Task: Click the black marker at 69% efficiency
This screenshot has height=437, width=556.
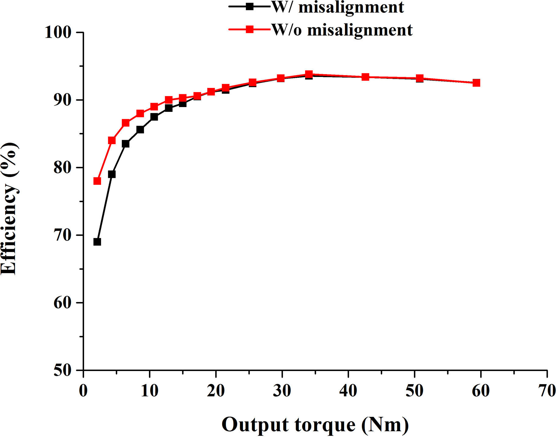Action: (97, 242)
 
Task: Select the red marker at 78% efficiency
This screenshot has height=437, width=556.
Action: (97, 181)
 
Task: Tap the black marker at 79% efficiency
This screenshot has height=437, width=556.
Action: (112, 174)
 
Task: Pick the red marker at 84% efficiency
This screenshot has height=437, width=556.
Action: (112, 140)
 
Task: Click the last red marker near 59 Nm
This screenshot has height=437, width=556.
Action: (477, 83)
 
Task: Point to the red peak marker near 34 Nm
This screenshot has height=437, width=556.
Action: (309, 74)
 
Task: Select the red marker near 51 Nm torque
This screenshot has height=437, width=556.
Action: (420, 78)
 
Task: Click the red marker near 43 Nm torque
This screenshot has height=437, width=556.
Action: (365, 77)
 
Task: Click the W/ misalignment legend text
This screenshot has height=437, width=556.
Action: (337, 7)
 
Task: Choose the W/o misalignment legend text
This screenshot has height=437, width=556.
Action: (342, 30)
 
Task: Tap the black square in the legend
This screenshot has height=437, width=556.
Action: (250, 7)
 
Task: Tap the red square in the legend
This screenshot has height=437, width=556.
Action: (250, 29)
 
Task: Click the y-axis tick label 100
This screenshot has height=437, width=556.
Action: (58, 32)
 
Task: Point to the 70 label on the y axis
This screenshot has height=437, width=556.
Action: (62, 235)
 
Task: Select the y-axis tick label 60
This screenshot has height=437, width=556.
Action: (62, 303)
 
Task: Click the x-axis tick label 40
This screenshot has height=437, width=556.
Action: (348, 390)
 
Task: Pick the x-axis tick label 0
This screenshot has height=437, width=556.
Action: (83, 390)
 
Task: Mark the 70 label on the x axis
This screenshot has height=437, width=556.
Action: (547, 390)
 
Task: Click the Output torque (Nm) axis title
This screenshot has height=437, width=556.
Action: (315, 425)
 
